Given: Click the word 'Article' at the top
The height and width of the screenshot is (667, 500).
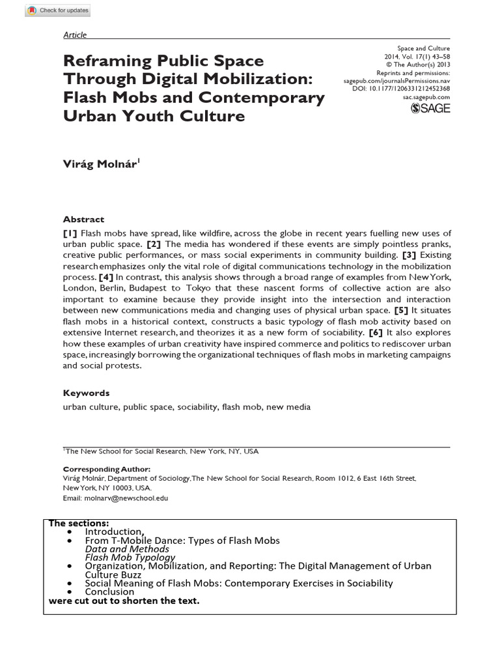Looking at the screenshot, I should coord(74,35).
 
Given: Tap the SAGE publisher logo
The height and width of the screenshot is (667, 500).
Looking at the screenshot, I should coord(430,109).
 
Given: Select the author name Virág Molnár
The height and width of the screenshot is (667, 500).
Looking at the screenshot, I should coord(100,165).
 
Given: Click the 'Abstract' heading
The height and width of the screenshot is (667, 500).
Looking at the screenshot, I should coord(83,220).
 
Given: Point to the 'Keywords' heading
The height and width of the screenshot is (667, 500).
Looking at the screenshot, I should coord(86,393).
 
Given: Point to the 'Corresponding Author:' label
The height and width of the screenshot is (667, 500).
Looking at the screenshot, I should coord(107,469).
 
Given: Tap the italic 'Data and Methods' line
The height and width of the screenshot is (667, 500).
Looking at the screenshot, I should coord(127,549).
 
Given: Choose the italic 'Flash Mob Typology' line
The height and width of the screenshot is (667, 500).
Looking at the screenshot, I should coord(130,558).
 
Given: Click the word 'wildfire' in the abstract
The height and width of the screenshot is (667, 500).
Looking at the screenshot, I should coord(203,233).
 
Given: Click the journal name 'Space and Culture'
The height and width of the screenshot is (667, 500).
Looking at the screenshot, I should coord(423,48).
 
